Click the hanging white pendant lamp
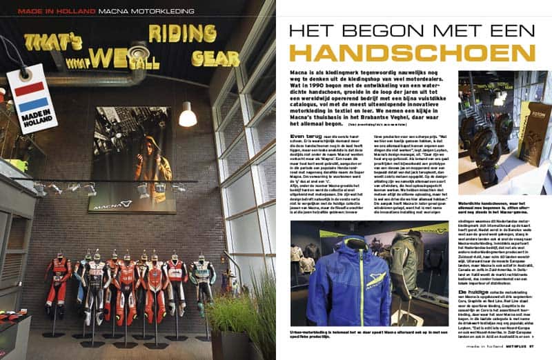(187, 114)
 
